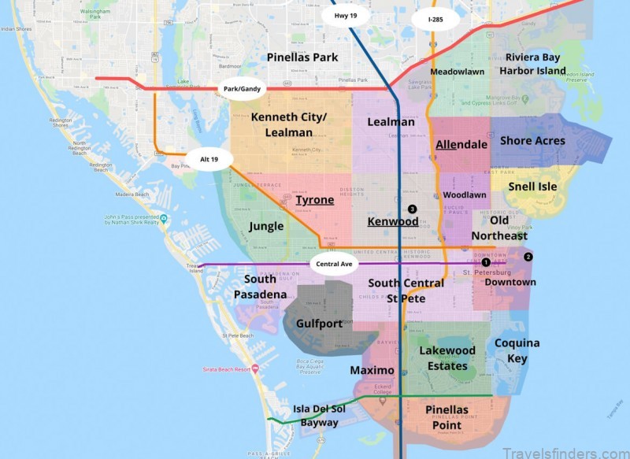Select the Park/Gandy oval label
[x=241, y=89]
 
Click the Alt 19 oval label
[x=209, y=159]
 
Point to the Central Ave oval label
[x=333, y=264]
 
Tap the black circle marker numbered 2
[x=528, y=257]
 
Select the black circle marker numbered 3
[x=412, y=209]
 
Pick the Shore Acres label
[x=532, y=141]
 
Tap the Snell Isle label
[x=533, y=187]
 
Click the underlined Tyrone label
[x=315, y=201]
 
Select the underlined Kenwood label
[x=393, y=222]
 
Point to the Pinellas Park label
[x=302, y=57]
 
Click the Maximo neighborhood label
[x=372, y=370]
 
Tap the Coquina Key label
[x=517, y=350]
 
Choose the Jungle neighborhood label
[x=266, y=226]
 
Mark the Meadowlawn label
[x=457, y=71]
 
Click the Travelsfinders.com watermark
[x=561, y=451]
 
